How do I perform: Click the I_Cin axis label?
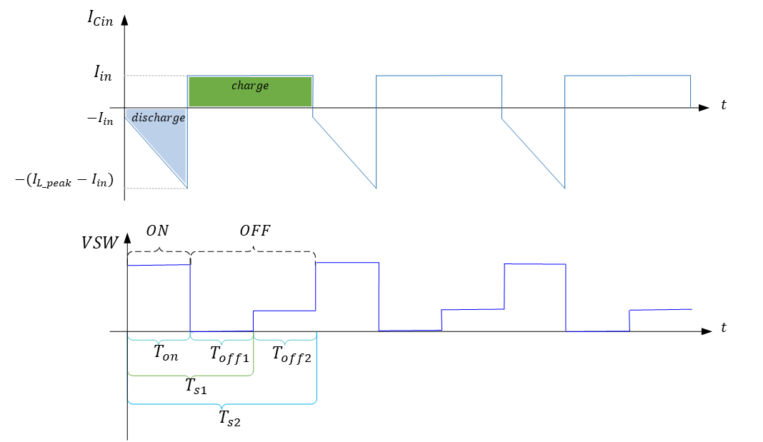click(x=100, y=19)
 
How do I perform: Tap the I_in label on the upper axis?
click(x=103, y=74)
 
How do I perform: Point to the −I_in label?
click(x=100, y=119)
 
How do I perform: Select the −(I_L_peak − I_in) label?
click(x=64, y=181)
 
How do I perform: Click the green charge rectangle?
click(x=250, y=91)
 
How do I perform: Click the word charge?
click(x=250, y=86)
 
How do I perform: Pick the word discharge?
click(x=158, y=118)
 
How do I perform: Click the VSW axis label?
click(x=100, y=243)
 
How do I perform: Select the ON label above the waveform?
click(x=158, y=231)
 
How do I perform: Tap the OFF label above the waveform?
click(x=255, y=231)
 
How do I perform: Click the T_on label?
click(x=166, y=353)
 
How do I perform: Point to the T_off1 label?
click(x=229, y=354)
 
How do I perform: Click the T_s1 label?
click(x=196, y=386)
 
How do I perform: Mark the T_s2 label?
click(x=229, y=418)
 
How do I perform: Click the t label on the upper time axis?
click(x=724, y=105)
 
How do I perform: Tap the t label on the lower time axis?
click(x=724, y=328)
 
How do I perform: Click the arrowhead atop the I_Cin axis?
click(x=124, y=20)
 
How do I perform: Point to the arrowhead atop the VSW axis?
click(x=127, y=238)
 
